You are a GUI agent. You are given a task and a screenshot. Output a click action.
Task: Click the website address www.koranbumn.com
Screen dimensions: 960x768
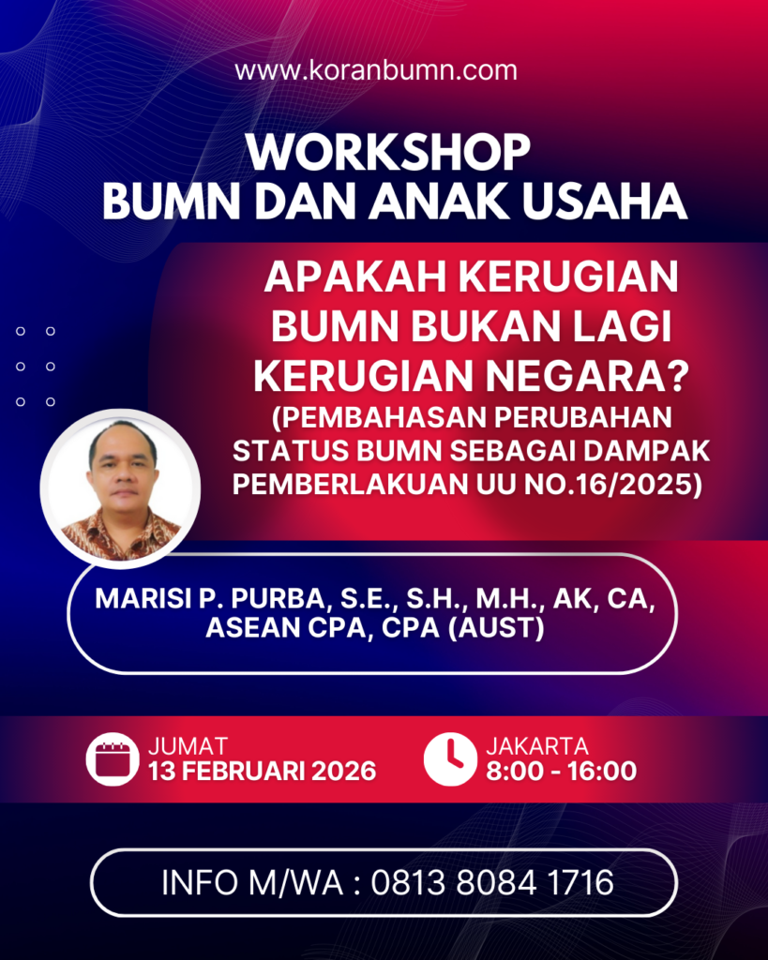click(x=376, y=70)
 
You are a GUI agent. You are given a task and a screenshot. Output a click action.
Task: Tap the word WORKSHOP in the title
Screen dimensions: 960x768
click(x=387, y=153)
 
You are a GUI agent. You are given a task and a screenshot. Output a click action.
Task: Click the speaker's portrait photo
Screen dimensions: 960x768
click(x=121, y=488)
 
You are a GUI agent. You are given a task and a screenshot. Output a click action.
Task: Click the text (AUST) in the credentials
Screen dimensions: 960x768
click(x=498, y=629)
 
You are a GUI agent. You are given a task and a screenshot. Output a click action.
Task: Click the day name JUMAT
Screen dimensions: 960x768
click(x=188, y=746)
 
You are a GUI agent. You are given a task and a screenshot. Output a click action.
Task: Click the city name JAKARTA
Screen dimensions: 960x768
click(x=537, y=746)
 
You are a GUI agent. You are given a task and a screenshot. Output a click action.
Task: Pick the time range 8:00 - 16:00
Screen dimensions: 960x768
click(x=561, y=772)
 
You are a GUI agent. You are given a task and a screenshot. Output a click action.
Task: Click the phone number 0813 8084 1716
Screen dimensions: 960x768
click(x=492, y=882)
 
